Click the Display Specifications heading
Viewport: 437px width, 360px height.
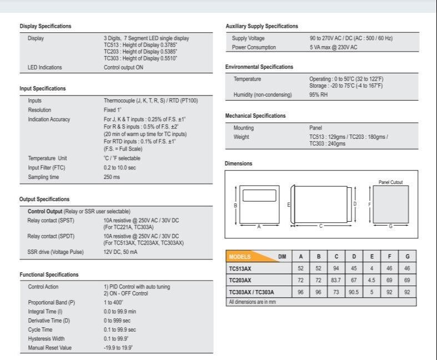pyautogui.click(x=45, y=26)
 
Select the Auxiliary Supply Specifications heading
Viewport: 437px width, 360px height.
pyautogui.click(x=262, y=26)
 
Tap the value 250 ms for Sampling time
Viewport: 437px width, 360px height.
pyautogui.click(x=112, y=177)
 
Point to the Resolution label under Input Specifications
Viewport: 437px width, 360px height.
pyautogui.click(x=39, y=110)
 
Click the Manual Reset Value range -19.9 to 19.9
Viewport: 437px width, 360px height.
pyautogui.click(x=118, y=348)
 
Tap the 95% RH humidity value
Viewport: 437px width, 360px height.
pyautogui.click(x=318, y=95)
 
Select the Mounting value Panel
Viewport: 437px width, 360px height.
pyautogui.click(x=315, y=128)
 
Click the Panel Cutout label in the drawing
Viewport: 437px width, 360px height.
pyautogui.click(x=390, y=182)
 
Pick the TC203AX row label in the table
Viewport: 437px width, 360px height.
pyautogui.click(x=240, y=280)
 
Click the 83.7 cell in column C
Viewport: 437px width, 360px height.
pyautogui.click(x=336, y=280)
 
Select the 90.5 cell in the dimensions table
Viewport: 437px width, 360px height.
pyautogui.click(x=354, y=292)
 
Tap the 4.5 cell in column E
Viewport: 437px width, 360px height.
pyautogui.click(x=372, y=280)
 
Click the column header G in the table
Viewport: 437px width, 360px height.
pyautogui.click(x=408, y=257)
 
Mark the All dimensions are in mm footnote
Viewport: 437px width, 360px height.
pyautogui.click(x=252, y=302)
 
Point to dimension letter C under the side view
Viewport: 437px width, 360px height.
pyautogui.click(x=320, y=226)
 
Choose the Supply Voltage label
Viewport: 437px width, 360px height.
pyautogui.click(x=248, y=38)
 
